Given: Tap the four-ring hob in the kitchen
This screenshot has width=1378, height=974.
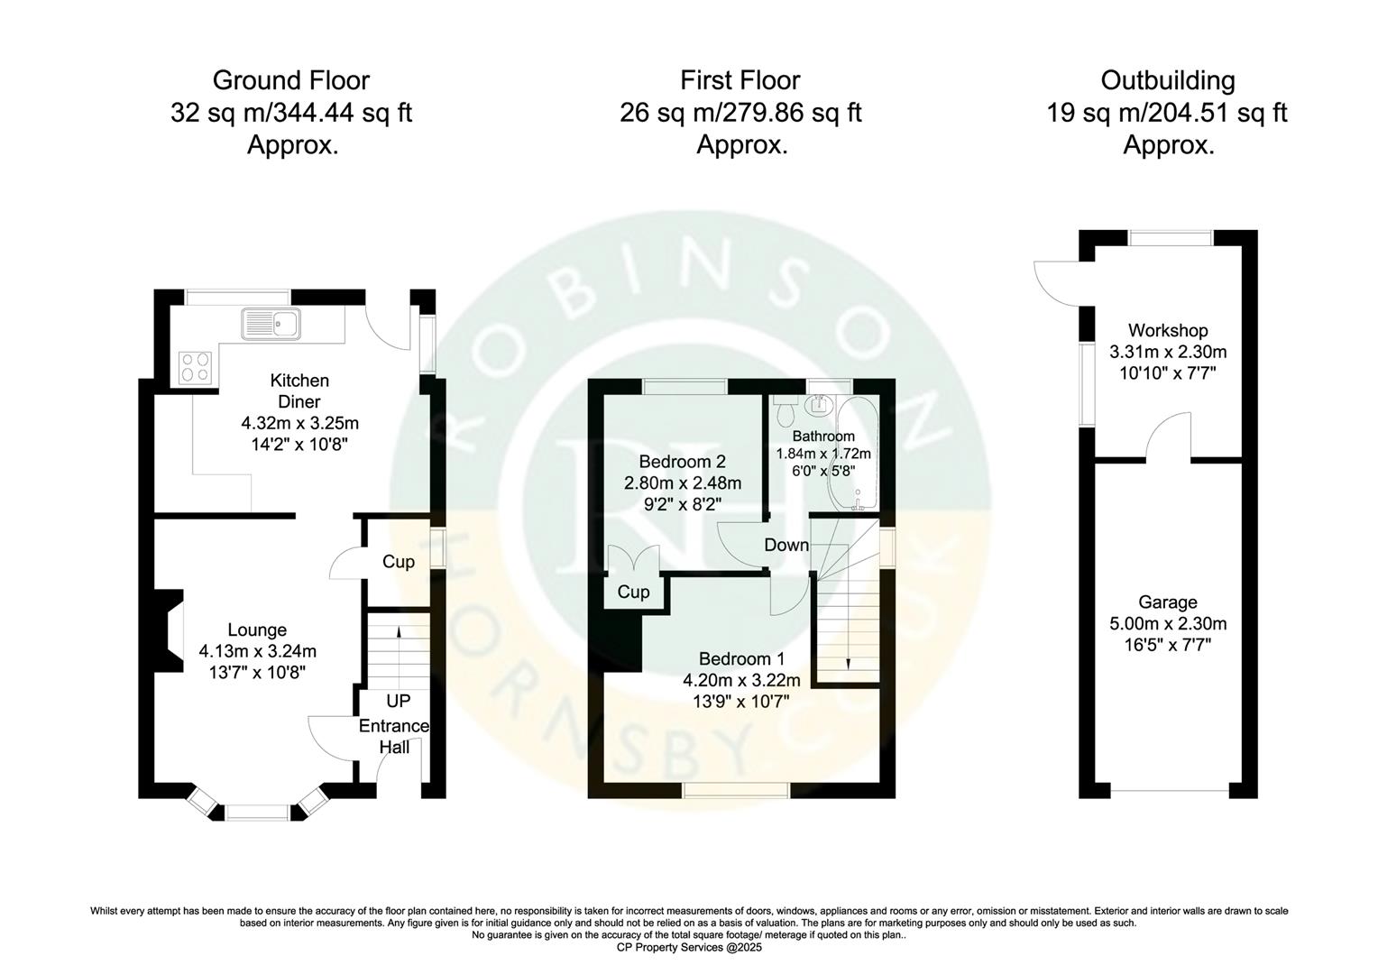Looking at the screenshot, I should (195, 366).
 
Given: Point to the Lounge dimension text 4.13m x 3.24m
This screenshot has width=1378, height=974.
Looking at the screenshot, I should (257, 650).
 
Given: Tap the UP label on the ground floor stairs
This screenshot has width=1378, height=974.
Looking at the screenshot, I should (398, 701).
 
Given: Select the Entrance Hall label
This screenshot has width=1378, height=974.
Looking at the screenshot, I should (394, 736).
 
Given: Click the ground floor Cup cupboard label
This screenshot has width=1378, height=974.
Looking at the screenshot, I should (398, 562).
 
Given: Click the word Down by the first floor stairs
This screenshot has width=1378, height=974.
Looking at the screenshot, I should (786, 545).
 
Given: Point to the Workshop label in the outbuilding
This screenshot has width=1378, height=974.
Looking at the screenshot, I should (1168, 331).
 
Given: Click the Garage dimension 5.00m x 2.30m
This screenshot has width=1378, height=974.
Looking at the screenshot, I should (1168, 623).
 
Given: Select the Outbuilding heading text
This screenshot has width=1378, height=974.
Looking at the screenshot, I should (1167, 80).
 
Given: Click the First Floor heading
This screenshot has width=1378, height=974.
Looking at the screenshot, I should (740, 80).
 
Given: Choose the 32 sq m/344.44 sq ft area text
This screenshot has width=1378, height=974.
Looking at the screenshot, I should (291, 113).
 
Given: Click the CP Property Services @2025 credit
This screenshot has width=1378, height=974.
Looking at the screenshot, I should (689, 948).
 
